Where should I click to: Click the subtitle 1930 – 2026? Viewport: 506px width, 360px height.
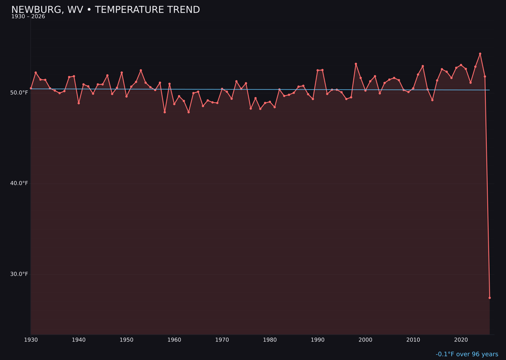pyautogui.click(x=28, y=16)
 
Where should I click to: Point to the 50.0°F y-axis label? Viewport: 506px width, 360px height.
pyautogui.click(x=19, y=92)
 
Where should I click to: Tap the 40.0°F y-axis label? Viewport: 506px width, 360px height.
pyautogui.click(x=19, y=183)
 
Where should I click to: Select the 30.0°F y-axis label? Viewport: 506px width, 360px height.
pyautogui.click(x=19, y=274)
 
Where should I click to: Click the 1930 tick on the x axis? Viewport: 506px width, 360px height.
pyautogui.click(x=31, y=339)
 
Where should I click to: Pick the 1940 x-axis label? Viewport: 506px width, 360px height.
pyautogui.click(x=79, y=339)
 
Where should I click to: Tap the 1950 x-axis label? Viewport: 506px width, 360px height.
pyautogui.click(x=126, y=339)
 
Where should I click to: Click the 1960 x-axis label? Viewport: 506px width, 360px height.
pyautogui.click(x=174, y=339)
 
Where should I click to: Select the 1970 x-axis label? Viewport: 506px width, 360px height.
pyautogui.click(x=222, y=339)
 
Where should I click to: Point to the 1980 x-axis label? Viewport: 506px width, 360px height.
pyautogui.click(x=270, y=339)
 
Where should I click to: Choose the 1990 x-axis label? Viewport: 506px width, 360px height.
pyautogui.click(x=318, y=339)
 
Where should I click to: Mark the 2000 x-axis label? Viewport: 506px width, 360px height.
pyautogui.click(x=365, y=339)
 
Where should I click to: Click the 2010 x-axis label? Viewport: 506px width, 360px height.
pyautogui.click(x=413, y=339)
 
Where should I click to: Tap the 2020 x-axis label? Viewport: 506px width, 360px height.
pyautogui.click(x=461, y=339)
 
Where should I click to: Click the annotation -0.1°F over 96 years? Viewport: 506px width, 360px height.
pyautogui.click(x=467, y=354)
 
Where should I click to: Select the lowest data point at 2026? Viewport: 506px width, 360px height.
pyautogui.click(x=490, y=298)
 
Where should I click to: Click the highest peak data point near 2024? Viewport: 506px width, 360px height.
pyautogui.click(x=480, y=53)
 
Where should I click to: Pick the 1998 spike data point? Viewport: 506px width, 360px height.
pyautogui.click(x=356, y=64)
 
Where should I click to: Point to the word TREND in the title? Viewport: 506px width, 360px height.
pyautogui.click(x=183, y=10)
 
